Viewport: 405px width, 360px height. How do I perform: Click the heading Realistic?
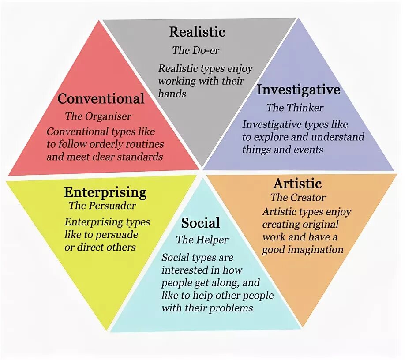pos(197,32)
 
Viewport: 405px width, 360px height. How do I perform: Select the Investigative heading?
pos(298,90)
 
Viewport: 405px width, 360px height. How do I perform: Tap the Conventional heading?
pos(101,98)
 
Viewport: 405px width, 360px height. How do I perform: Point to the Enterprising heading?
pos(105,192)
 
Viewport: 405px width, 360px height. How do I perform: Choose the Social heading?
pos(200,223)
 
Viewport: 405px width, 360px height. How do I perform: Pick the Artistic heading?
pos(297,183)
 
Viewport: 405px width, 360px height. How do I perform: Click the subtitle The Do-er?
pos(195,50)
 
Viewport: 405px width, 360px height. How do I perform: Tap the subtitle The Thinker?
pos(295,108)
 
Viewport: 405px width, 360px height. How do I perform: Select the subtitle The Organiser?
pos(98,116)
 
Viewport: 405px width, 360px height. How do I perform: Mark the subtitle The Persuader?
pos(102,206)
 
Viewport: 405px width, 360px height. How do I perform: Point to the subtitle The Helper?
pos(202,240)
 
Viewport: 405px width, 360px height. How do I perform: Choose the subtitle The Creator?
pos(298,197)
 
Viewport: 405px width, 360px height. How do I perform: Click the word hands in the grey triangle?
pos(172,94)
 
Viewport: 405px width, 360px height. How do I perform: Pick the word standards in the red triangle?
pos(140,157)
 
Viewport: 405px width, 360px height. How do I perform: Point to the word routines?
pos(142,144)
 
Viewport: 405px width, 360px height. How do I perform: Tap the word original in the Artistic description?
pos(318,225)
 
